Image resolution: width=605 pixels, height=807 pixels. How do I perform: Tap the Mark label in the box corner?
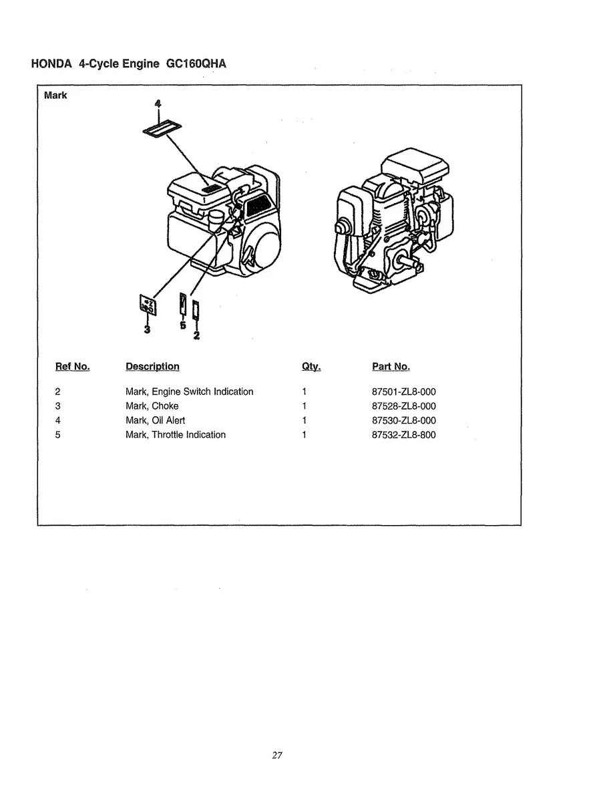coord(55,96)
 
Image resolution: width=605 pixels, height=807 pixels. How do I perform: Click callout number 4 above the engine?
coord(158,104)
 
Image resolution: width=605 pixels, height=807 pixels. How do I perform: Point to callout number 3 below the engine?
coord(147,329)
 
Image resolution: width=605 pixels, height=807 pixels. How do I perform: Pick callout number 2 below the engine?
coord(196,335)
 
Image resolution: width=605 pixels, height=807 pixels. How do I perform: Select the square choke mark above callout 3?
coord(146,305)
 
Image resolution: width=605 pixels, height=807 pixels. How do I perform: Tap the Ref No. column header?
coord(72,367)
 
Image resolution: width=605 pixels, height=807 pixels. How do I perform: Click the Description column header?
coord(152,367)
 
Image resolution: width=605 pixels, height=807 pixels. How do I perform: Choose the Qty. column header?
coord(311,367)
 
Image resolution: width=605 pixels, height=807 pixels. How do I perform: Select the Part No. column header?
coord(391,367)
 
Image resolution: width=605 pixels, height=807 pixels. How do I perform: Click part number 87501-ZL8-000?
coord(403,392)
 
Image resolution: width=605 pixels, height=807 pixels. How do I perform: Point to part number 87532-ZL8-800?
coord(403,435)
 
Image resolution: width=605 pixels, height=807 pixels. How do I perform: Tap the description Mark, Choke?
coord(152,406)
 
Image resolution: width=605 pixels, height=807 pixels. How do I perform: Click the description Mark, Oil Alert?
coord(156,421)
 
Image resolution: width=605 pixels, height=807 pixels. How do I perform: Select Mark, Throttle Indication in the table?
coord(176,435)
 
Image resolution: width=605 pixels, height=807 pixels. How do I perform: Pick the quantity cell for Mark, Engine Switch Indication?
coord(304,392)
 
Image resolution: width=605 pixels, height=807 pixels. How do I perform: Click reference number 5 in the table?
coord(58,435)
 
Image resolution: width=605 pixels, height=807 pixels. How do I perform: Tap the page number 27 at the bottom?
coord(278,756)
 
